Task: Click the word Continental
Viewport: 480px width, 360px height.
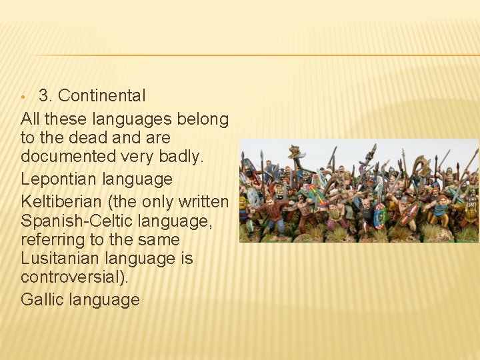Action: (x=101, y=95)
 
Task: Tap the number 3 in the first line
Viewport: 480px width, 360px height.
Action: (x=44, y=95)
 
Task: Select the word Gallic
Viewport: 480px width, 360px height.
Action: (x=42, y=299)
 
